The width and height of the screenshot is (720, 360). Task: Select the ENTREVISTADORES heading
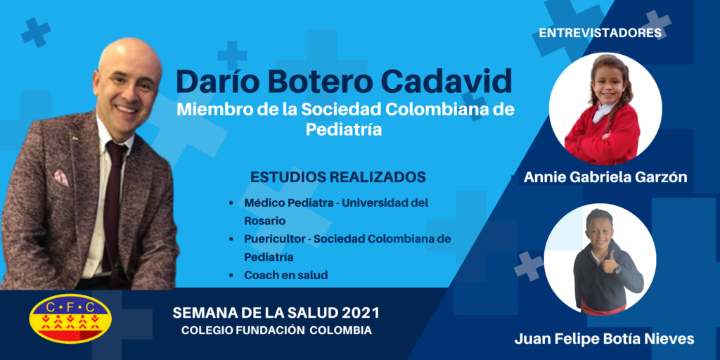click(x=600, y=33)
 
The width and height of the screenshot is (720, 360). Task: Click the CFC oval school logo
click(x=70, y=319)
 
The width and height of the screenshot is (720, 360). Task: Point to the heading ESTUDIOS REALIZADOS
click(x=337, y=176)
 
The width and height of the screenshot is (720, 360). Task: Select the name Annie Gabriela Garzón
click(x=605, y=177)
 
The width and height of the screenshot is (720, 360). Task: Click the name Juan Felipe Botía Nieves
click(x=604, y=340)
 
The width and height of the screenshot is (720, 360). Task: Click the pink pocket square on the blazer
click(x=61, y=178)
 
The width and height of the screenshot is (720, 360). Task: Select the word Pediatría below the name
click(x=344, y=130)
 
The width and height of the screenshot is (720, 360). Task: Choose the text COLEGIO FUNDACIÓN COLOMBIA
click(x=276, y=330)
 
